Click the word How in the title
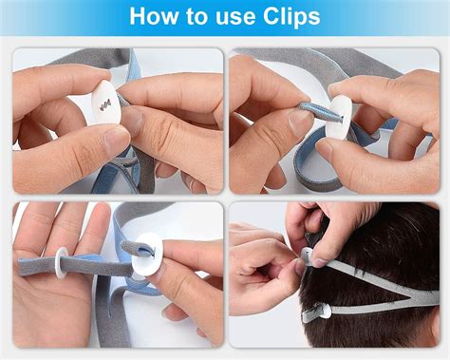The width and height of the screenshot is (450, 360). [x=154, y=16]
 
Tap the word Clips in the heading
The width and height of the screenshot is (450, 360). [x=291, y=17]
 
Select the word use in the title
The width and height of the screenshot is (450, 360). [x=235, y=18]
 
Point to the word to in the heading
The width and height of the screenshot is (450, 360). [x=197, y=16]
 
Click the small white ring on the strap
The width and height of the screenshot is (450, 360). [x=61, y=263]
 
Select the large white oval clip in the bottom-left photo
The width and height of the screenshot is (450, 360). [x=147, y=254]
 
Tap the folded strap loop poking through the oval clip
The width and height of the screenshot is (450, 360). [x=140, y=249]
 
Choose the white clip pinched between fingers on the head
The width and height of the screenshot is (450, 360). [x=307, y=256]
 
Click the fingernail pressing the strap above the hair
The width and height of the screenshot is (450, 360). [x=319, y=262]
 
